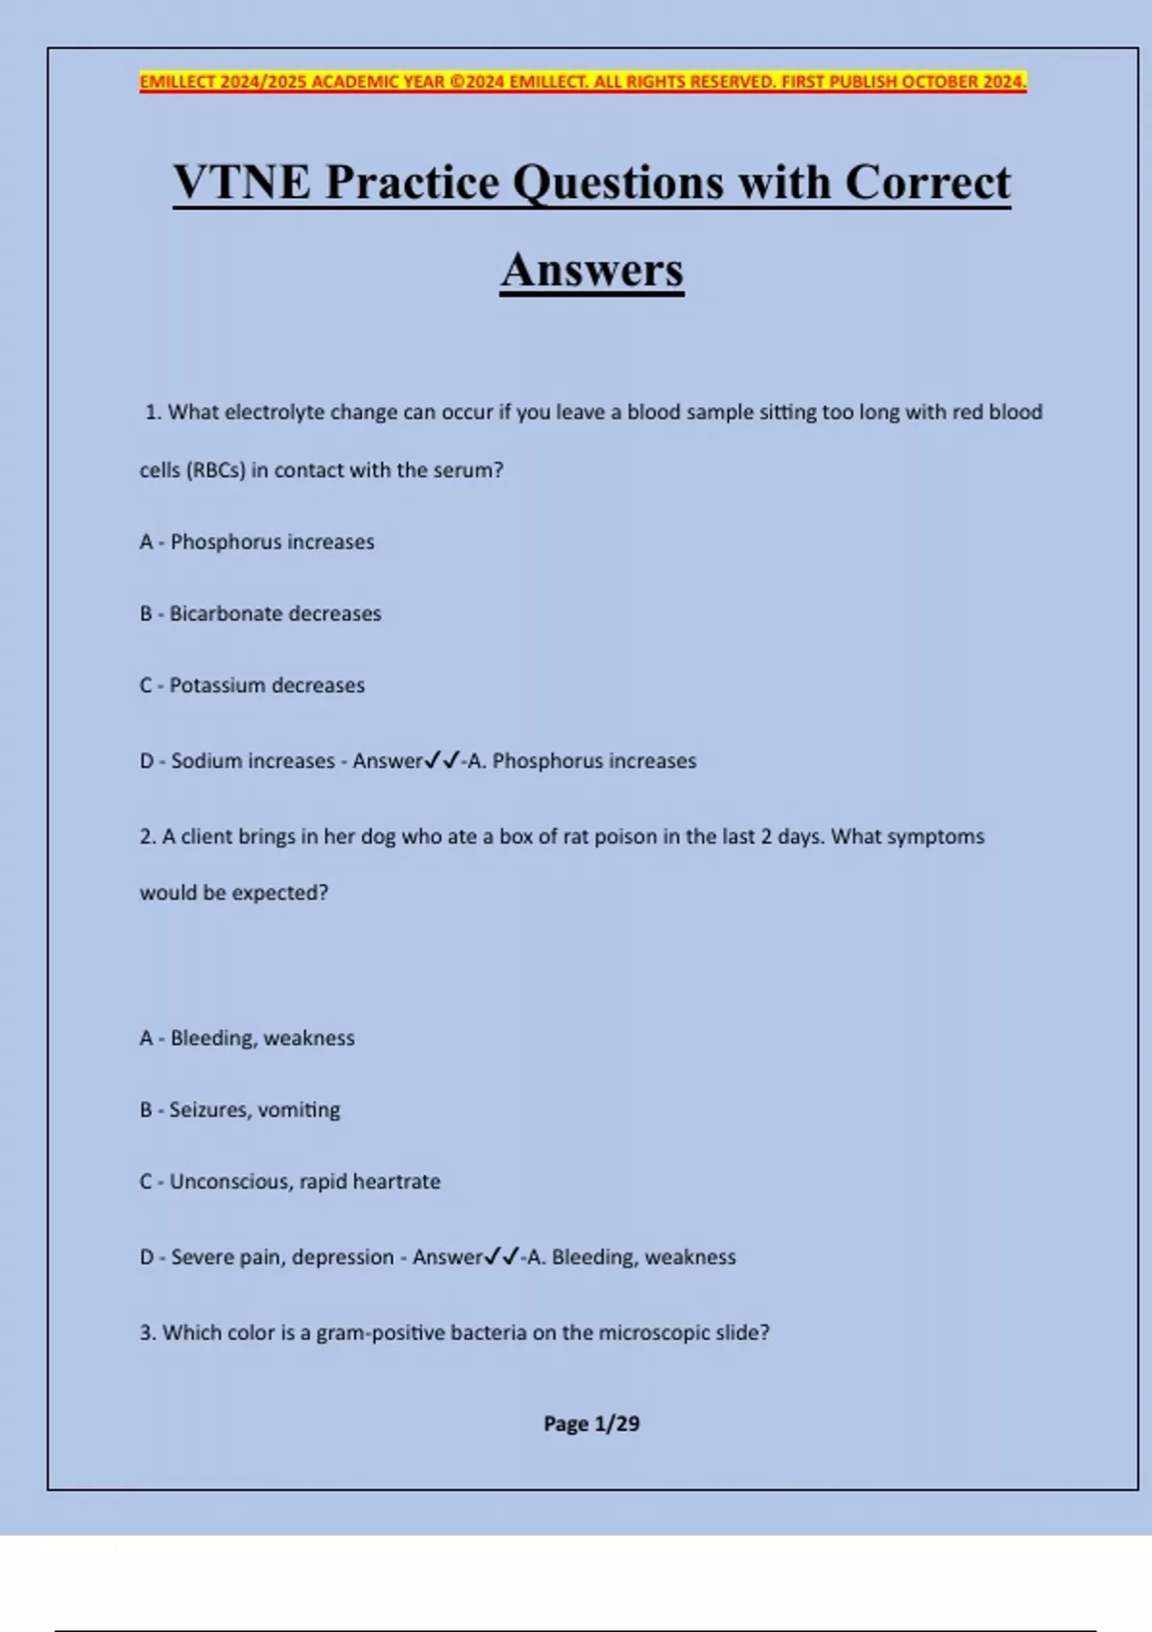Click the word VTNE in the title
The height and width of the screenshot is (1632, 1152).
(x=242, y=182)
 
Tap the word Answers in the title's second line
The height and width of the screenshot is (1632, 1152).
(x=591, y=270)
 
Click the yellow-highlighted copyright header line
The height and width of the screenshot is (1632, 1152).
(x=583, y=82)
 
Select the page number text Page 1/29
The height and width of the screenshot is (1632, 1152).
(x=591, y=1424)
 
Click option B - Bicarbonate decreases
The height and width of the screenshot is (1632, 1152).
(x=260, y=613)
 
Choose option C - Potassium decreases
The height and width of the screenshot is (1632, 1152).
(x=252, y=685)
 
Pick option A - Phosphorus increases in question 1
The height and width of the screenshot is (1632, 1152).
(x=256, y=541)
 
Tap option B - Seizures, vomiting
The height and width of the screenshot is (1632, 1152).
(x=240, y=1110)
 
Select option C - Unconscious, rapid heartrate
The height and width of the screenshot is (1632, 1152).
(x=290, y=1182)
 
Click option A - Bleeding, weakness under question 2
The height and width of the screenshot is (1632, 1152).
(x=247, y=1038)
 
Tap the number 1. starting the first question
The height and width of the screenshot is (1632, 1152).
(x=153, y=412)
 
